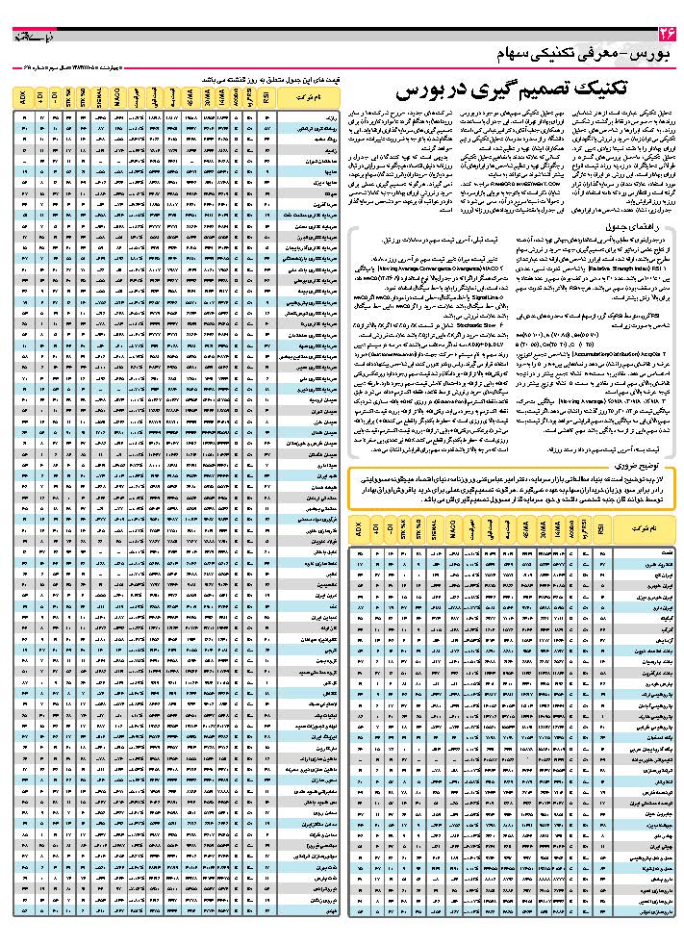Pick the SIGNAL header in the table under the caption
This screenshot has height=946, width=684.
coord(99,98)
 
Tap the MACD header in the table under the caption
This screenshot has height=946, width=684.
coord(117,98)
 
